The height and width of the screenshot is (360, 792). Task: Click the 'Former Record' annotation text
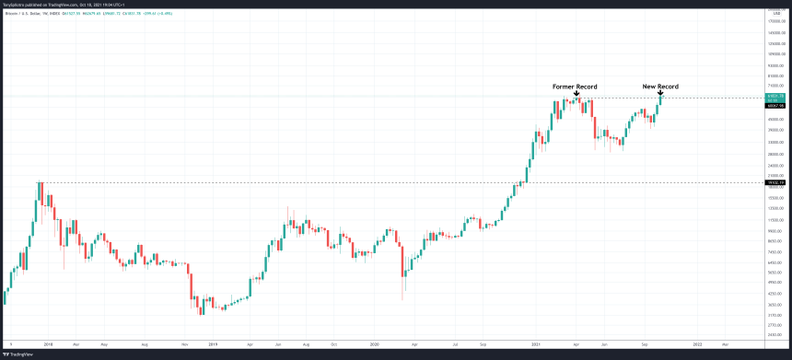click(575, 87)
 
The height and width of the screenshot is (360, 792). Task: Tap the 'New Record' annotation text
click(659, 87)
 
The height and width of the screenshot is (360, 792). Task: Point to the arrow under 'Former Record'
click(576, 94)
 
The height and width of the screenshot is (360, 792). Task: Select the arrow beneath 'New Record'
click(660, 94)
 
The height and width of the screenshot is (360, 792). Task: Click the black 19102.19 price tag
click(775, 182)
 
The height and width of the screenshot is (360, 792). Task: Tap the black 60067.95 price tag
click(775, 106)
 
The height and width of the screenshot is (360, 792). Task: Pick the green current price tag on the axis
click(775, 97)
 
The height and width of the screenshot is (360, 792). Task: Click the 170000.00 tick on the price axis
click(775, 19)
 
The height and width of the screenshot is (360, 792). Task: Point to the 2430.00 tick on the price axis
click(775, 335)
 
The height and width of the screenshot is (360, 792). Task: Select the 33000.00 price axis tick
click(775, 143)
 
